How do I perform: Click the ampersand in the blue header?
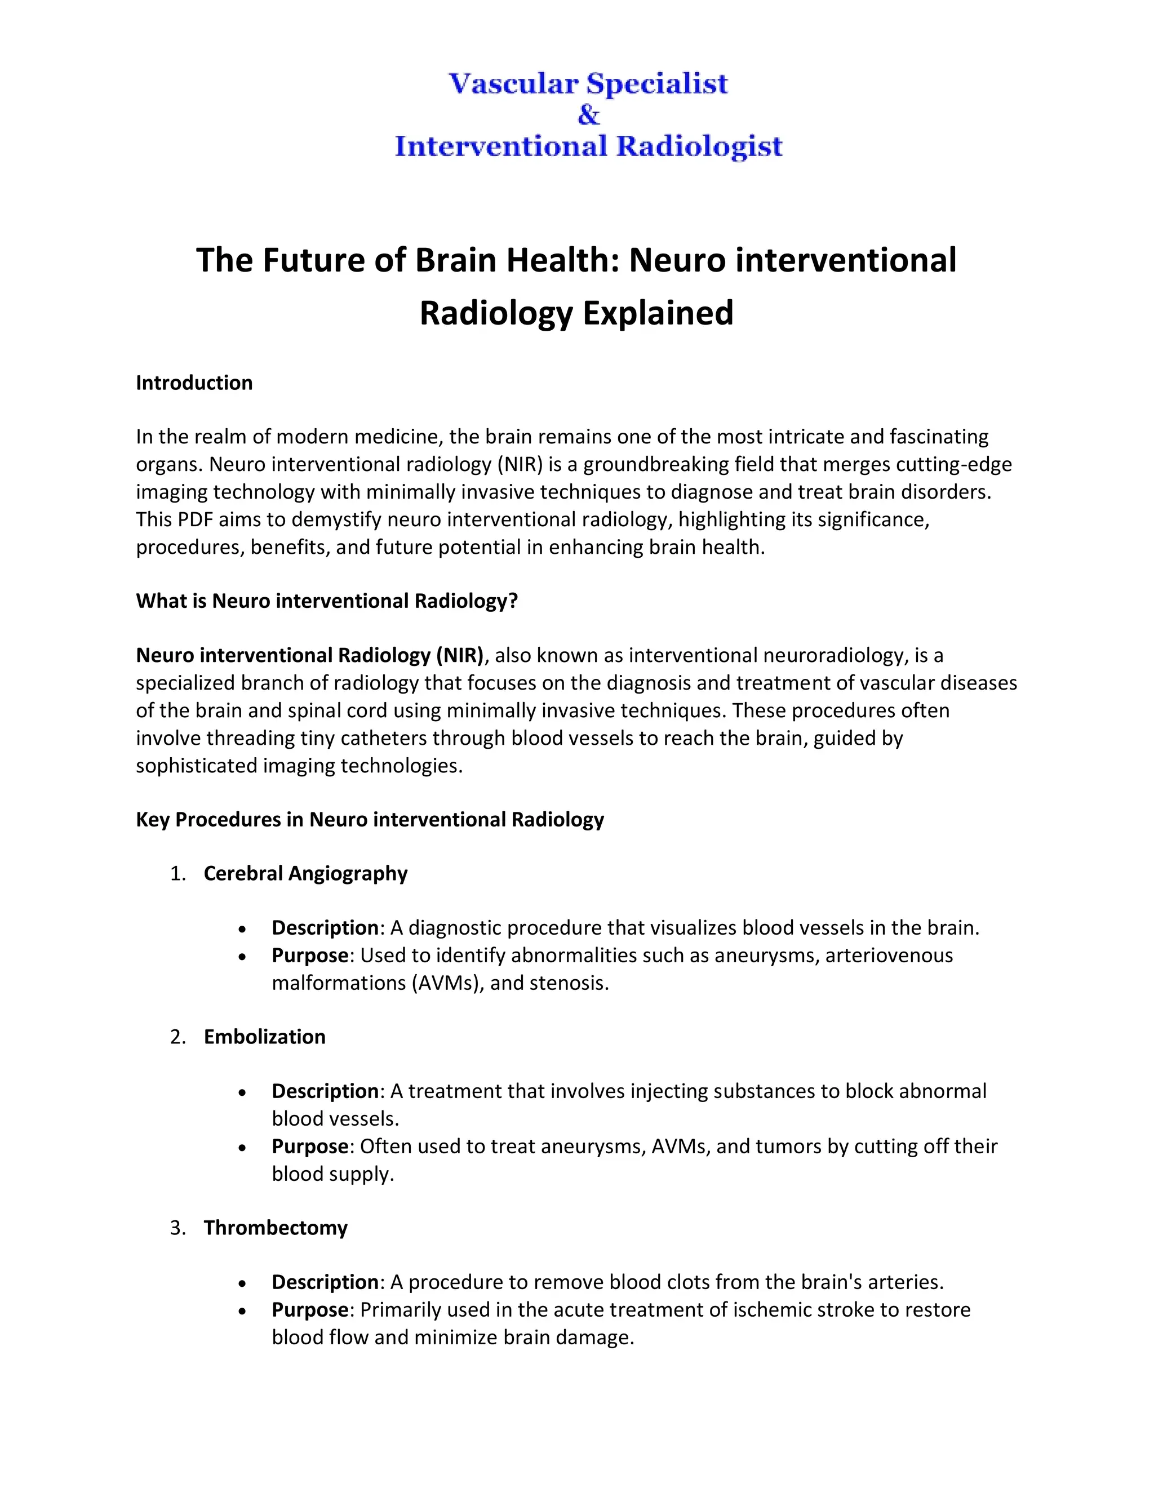[588, 115]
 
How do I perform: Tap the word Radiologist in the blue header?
[699, 146]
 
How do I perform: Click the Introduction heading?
[194, 383]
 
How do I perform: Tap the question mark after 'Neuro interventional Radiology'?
[513, 601]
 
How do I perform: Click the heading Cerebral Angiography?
[305, 874]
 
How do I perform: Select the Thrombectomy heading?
[276, 1228]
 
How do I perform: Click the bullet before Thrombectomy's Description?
[243, 1283]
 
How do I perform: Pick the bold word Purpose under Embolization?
[310, 1147]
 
